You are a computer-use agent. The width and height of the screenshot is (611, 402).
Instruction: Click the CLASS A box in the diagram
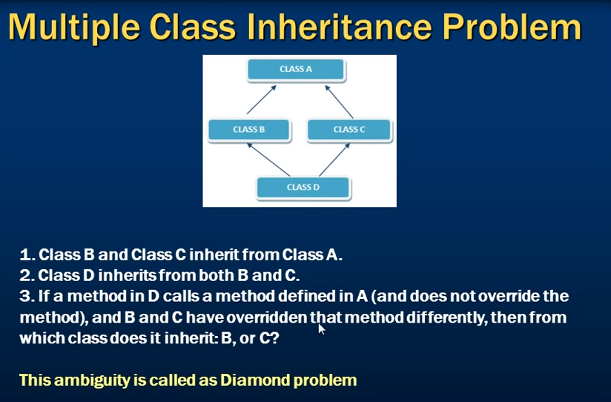click(296, 70)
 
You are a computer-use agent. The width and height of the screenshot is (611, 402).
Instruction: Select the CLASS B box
click(249, 131)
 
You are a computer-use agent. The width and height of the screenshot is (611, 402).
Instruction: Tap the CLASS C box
click(349, 131)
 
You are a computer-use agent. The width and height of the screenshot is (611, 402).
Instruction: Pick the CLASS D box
click(303, 188)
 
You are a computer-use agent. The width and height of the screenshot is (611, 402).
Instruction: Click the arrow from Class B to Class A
click(262, 100)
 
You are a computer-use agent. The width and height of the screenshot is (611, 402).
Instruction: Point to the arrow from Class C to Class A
click(339, 102)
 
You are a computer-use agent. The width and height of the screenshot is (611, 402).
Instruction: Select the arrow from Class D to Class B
click(268, 160)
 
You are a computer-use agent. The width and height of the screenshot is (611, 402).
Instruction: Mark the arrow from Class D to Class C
click(334, 160)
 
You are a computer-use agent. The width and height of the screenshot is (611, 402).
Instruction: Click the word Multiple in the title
click(74, 28)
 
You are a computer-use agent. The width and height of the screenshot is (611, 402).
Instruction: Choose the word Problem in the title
click(512, 27)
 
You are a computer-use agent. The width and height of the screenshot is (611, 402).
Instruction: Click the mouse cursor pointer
click(322, 329)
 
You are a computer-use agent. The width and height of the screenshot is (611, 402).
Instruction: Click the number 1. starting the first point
click(27, 255)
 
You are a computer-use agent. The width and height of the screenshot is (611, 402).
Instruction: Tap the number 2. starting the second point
click(27, 276)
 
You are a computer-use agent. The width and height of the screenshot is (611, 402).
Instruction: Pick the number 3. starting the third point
click(27, 297)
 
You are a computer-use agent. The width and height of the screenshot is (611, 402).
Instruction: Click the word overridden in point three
click(267, 317)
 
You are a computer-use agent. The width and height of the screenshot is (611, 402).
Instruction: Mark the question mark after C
click(274, 338)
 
